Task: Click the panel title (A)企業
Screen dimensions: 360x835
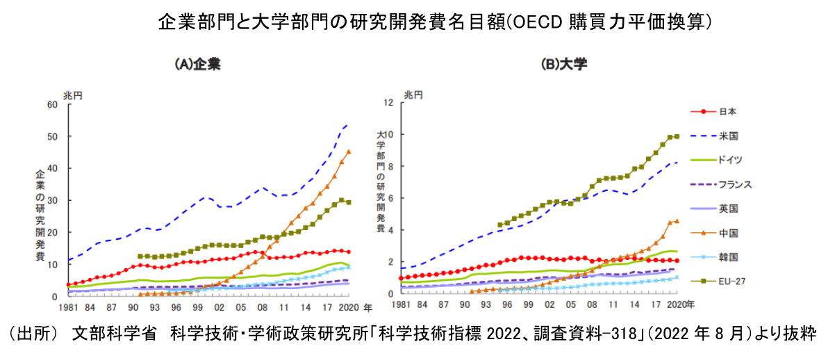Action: click(x=197, y=65)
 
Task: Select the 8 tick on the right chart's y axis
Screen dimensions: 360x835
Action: click(x=390, y=167)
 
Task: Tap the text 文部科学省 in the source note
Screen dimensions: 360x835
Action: click(x=106, y=334)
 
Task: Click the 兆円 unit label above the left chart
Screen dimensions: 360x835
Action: click(x=72, y=95)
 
